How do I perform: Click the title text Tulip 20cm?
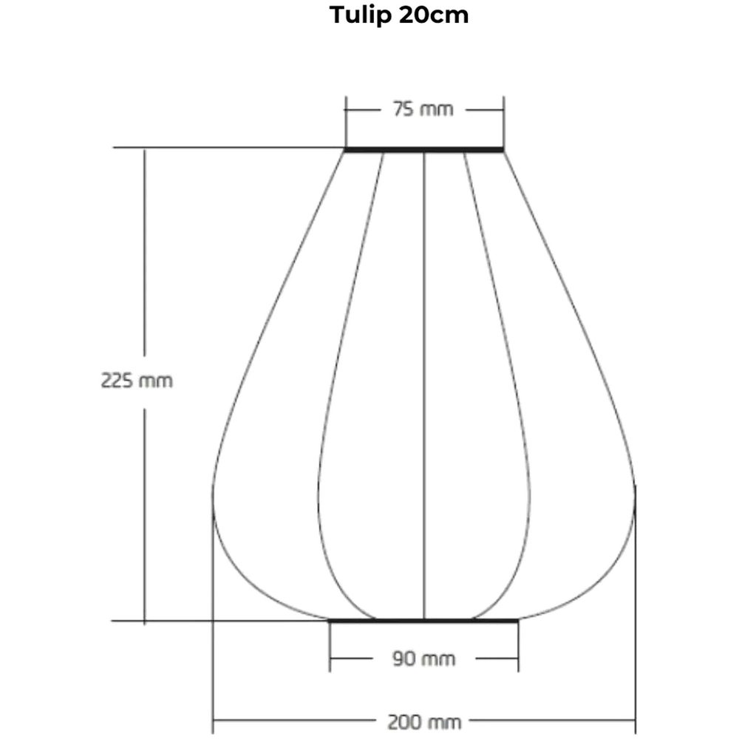pos(399,15)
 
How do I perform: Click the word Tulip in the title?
pos(360,16)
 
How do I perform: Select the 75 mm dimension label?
pos(423,109)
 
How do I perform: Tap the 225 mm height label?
pos(137,381)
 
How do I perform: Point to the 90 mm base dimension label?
pos(423,658)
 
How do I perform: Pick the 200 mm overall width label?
pos(423,722)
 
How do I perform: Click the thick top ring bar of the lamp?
pos(424,150)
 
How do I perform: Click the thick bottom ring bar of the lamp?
pos(423,621)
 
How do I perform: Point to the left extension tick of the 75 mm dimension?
pos(345,122)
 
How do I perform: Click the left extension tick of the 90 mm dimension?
pos(330,647)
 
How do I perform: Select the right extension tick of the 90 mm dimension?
pos(518,647)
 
